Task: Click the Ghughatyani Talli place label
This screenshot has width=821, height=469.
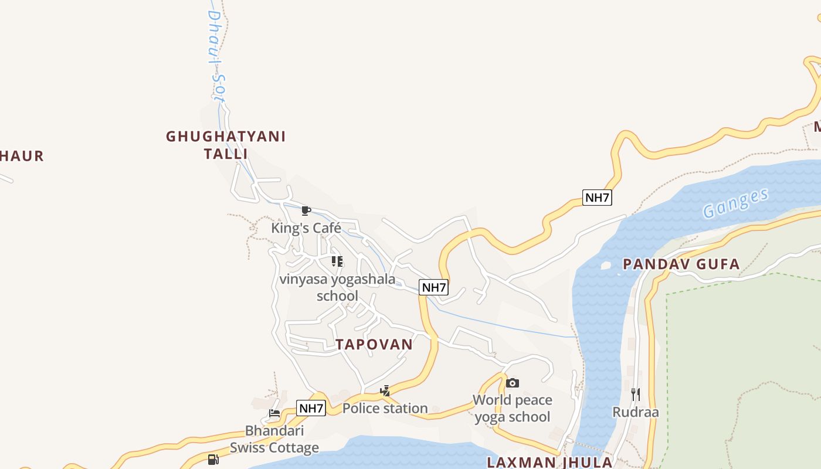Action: point(226,145)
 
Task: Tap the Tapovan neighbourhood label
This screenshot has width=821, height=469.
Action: point(374,344)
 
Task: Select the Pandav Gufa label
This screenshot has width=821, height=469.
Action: point(681,264)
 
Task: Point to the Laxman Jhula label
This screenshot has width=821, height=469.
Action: point(549,462)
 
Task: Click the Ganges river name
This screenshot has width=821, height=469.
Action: point(735,203)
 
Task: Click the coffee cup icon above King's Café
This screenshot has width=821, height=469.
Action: point(306,210)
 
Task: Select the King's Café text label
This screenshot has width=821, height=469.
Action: point(306,228)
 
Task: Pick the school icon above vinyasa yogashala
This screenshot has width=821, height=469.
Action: point(337,261)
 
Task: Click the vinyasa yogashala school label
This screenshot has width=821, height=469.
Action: point(337,287)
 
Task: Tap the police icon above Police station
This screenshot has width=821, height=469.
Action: point(385,390)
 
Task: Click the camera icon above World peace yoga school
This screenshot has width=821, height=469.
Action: point(513,383)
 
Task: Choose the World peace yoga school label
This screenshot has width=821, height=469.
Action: point(513,409)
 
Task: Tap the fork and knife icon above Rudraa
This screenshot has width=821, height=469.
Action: point(636,394)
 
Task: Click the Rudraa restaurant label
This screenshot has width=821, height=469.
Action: point(636,412)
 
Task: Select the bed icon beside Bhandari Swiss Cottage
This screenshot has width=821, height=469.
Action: point(274,413)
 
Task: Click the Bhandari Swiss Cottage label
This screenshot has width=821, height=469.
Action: point(274,439)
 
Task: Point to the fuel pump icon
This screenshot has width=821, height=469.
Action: point(213,459)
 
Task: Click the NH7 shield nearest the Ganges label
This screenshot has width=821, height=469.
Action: point(597,198)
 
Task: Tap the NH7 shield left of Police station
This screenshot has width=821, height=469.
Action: point(311,408)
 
